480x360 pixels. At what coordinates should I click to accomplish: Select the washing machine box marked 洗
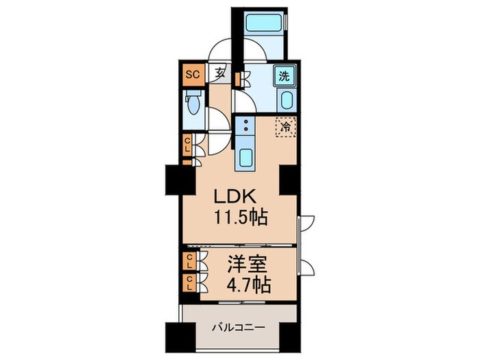[285, 75]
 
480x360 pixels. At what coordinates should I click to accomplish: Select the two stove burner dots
[244, 127]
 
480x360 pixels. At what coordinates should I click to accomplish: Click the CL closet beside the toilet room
[187, 145]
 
